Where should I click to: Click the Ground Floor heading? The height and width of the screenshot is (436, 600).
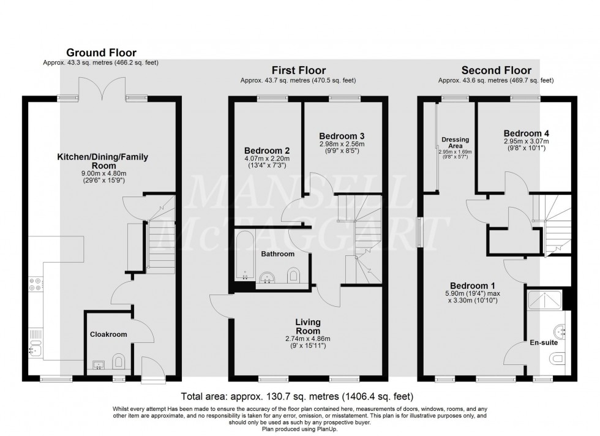[x=102, y=53]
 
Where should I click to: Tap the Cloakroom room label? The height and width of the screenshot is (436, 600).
[x=108, y=334]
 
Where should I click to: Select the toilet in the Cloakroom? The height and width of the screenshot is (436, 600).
[x=119, y=361]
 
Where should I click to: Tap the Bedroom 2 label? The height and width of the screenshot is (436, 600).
[x=267, y=151]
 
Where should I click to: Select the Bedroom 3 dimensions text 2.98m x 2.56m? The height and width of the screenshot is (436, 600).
[x=342, y=145]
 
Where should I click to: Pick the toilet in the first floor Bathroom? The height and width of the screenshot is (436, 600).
[x=293, y=276]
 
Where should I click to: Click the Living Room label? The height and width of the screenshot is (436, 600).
[x=308, y=326]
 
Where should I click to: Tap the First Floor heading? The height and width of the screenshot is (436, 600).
[x=299, y=70]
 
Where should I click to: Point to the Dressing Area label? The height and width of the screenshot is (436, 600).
[x=455, y=143]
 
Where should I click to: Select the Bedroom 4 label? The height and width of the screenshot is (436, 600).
[x=526, y=133]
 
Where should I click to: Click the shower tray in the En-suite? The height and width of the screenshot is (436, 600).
[x=544, y=300]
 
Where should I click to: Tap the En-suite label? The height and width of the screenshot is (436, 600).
[x=544, y=342]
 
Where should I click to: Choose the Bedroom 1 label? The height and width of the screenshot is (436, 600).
[x=472, y=285]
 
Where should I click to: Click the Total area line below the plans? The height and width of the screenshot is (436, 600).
[x=298, y=396]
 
